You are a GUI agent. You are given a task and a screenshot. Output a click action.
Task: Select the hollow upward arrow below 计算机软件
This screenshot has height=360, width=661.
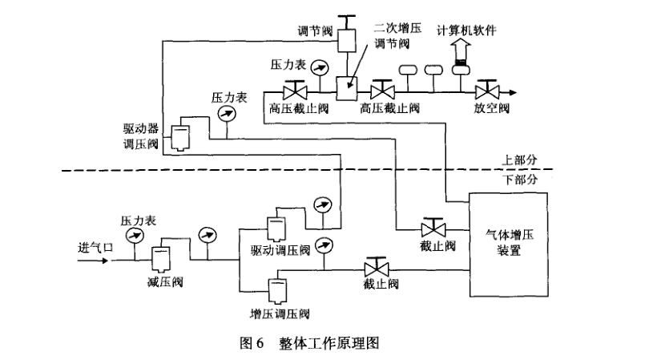(x=461, y=51)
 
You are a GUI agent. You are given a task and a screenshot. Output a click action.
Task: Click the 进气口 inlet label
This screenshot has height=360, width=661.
(x=97, y=247)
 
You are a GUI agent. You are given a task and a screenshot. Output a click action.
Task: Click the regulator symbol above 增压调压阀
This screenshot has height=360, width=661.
(x=276, y=288)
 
